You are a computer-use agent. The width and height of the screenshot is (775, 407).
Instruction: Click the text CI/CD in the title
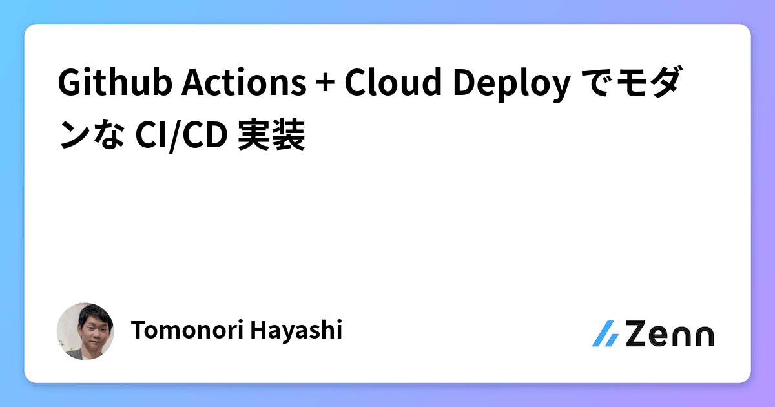[180, 137]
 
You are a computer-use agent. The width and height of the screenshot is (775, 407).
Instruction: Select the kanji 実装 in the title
[271, 137]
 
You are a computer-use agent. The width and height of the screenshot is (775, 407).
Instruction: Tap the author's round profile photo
[85, 331]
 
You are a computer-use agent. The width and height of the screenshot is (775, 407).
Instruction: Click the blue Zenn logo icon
[605, 333]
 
